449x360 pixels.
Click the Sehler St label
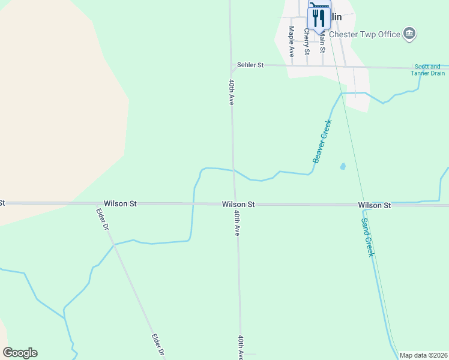pos(250,65)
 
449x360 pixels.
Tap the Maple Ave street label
pos(292,37)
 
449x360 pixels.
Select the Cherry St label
pos(307,40)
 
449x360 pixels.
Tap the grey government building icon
pos(410,34)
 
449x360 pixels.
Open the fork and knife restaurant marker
pos(319,17)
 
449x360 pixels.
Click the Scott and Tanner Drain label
pos(427,70)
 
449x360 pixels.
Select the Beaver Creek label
pos(322,141)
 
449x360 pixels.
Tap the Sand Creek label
pos(367,236)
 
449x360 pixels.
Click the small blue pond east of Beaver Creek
pos(343,166)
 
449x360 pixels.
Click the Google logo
pos(20,353)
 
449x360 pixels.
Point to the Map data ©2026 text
pos(423,355)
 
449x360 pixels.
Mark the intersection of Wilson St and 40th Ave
pos(235,204)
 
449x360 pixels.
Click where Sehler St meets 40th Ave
pos(231,64)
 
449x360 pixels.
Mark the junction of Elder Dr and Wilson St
pos(97,204)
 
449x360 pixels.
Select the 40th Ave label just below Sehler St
pos(231,92)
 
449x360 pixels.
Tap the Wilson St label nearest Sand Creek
pos(375,205)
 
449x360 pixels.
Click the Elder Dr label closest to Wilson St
pos(102,220)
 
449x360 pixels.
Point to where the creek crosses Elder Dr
pos(114,244)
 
